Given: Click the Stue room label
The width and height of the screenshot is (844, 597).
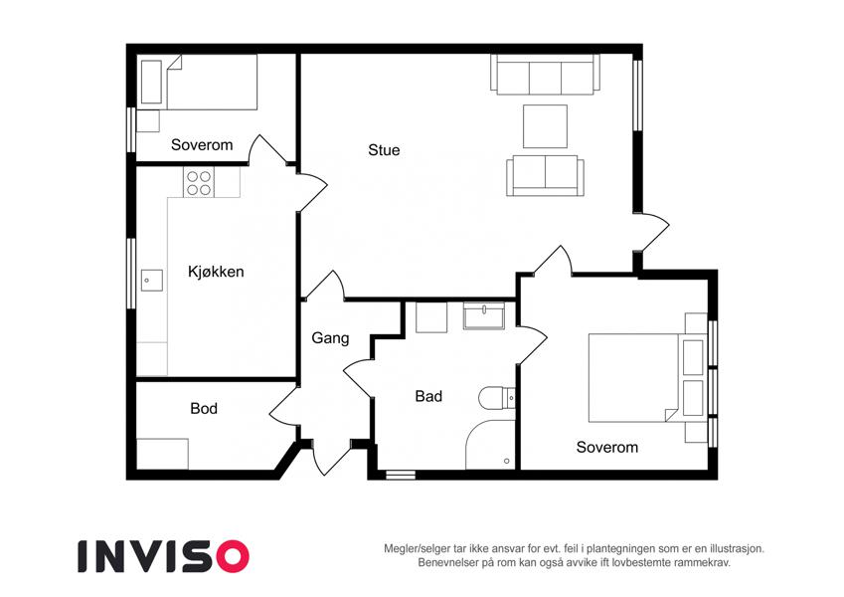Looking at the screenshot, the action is click(x=384, y=150).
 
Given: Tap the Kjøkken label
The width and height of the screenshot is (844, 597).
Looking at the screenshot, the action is click(x=216, y=271).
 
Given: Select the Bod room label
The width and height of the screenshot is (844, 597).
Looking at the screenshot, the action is click(x=204, y=408).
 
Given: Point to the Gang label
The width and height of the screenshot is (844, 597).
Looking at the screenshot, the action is click(x=330, y=338).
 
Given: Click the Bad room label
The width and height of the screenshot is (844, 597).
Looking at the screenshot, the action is click(x=428, y=397).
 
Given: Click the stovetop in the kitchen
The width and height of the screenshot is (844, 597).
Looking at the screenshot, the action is click(x=199, y=183).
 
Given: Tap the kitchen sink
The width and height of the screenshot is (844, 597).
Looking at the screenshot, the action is click(x=152, y=281).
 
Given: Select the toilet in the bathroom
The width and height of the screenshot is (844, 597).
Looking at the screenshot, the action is click(x=496, y=398).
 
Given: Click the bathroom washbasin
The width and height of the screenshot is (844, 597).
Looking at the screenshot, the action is click(x=484, y=315).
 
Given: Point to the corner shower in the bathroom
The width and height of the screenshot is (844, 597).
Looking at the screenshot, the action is click(x=490, y=444).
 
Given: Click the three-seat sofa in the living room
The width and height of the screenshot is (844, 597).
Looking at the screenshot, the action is click(x=545, y=75).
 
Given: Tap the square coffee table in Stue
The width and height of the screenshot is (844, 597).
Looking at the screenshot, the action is click(x=545, y=126).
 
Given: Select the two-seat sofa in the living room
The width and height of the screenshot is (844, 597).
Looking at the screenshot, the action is click(x=545, y=176).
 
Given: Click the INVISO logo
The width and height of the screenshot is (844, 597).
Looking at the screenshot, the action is click(x=164, y=556).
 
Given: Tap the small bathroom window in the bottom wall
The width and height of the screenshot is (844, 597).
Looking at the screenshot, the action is click(x=401, y=475).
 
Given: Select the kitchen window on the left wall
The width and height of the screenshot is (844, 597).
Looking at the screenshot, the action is click(x=131, y=274).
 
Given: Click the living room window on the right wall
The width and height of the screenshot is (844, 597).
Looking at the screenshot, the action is click(x=637, y=96).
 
